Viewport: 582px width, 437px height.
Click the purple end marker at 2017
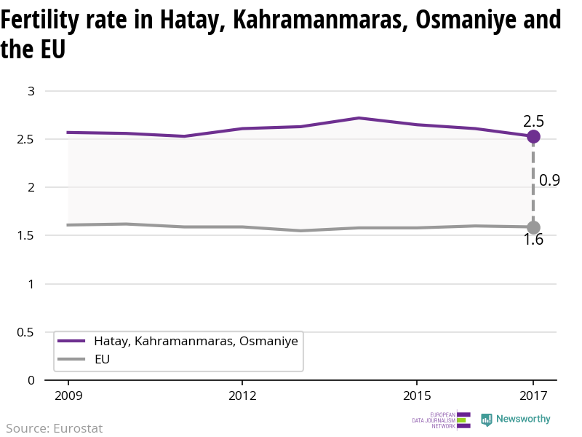click(x=533, y=136)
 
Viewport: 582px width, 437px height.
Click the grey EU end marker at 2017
click(x=533, y=227)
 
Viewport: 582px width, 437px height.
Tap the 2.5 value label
click(x=533, y=121)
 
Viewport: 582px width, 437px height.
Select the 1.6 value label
click(x=533, y=240)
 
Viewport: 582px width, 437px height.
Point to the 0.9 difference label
click(x=549, y=181)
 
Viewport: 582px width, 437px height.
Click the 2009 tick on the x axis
click(x=68, y=396)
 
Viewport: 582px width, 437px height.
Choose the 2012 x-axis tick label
click(x=242, y=396)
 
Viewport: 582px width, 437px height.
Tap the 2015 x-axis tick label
click(x=416, y=396)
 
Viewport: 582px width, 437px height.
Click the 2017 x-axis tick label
click(x=533, y=396)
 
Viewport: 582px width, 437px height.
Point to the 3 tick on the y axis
click(x=31, y=91)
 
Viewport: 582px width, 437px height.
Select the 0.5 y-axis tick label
click(x=26, y=332)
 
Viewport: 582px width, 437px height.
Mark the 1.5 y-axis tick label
click(x=26, y=235)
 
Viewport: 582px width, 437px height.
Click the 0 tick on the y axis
click(x=31, y=380)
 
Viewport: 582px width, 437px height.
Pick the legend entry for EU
click(x=102, y=359)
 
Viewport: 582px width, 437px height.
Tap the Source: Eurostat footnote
click(x=55, y=428)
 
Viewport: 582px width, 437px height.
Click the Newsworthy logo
click(x=516, y=420)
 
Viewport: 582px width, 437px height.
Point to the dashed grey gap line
click(x=533, y=182)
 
